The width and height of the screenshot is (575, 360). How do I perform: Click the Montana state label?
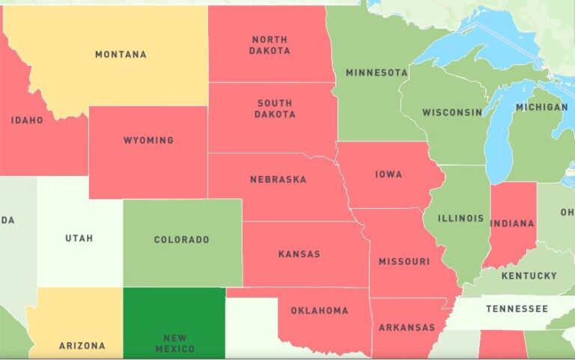[x=121, y=55]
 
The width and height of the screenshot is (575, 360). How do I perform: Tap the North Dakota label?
[x=270, y=45]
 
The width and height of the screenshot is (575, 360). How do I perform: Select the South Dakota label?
[x=275, y=109]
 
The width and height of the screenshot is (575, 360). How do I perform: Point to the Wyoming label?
[x=148, y=140]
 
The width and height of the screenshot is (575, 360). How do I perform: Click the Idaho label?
[x=27, y=120]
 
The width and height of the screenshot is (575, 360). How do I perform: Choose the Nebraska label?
[x=278, y=180]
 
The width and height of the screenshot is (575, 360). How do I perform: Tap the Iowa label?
[x=389, y=174]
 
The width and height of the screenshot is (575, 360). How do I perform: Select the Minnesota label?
[x=376, y=73]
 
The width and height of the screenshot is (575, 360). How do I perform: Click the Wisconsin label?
[x=452, y=113]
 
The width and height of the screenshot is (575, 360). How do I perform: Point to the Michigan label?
[x=541, y=107]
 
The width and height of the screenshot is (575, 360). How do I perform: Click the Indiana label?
[x=513, y=223]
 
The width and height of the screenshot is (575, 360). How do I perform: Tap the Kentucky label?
[x=529, y=276]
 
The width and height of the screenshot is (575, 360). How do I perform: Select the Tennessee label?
[x=517, y=309]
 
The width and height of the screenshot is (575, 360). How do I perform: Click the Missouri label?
[x=404, y=261]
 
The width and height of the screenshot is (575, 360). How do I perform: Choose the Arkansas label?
[x=407, y=328]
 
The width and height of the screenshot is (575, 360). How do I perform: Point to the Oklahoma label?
[x=319, y=311]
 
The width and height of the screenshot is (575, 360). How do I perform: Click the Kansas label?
[x=299, y=254]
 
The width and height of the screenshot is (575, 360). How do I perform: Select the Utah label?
[x=79, y=238]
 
